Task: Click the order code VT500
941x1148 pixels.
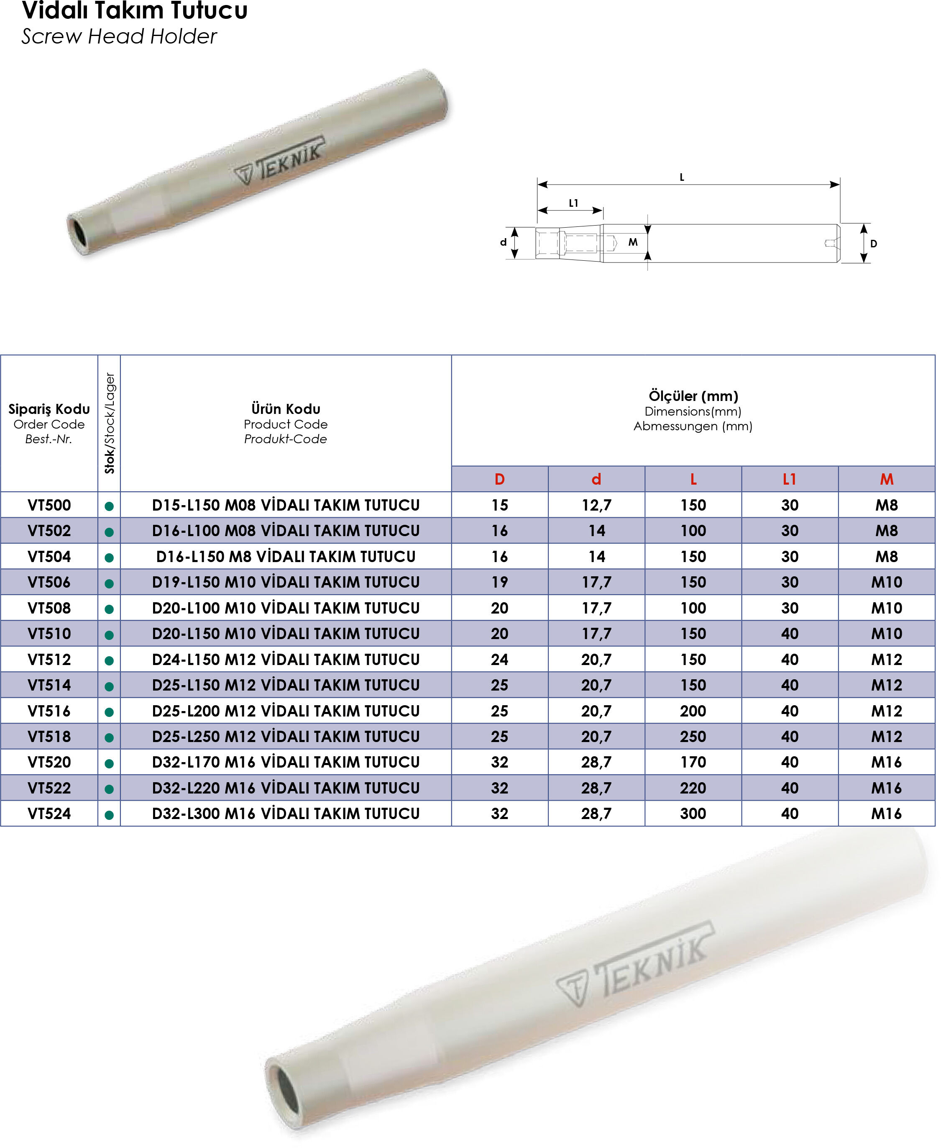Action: click(x=49, y=505)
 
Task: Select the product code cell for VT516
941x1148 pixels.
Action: click(x=286, y=711)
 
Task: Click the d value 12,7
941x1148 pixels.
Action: click(x=596, y=505)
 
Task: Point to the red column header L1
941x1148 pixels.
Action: click(x=789, y=479)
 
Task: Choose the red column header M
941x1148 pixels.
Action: click(x=886, y=479)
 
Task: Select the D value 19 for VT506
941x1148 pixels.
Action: click(x=499, y=582)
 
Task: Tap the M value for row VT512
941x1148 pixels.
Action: click(x=886, y=660)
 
